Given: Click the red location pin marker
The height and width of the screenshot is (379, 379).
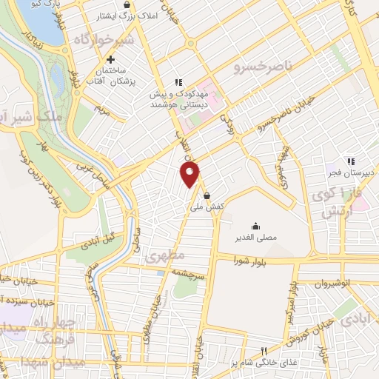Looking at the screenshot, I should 191,175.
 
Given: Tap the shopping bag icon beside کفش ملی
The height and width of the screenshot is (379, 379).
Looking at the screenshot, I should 205,196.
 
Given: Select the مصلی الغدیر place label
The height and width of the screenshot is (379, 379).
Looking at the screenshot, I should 255,238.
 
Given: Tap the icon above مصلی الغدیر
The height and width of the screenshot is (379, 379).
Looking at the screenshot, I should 255,226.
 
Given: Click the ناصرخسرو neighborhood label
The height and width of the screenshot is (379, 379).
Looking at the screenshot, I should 263,67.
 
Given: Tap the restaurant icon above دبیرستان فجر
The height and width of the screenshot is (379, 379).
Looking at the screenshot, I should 352,161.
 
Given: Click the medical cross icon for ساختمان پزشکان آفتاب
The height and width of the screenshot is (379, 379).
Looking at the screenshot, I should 110,60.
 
